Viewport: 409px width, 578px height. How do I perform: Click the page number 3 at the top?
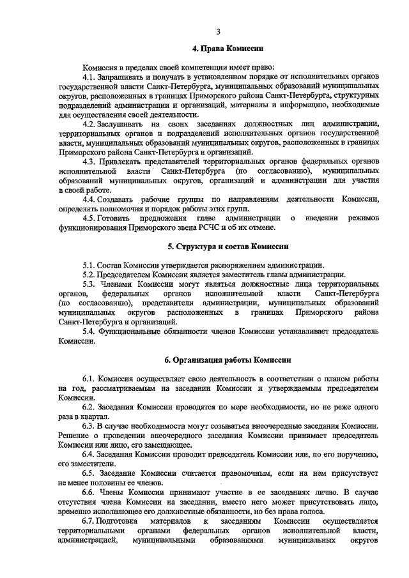coord(218,31)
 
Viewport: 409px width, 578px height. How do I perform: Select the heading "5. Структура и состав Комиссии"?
coord(219,246)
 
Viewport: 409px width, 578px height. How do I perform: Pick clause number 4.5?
coord(89,218)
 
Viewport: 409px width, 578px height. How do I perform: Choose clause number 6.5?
coord(89,472)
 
